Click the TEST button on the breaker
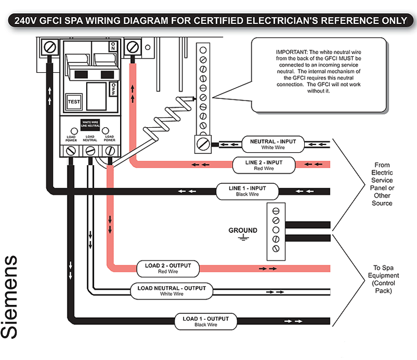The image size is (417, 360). point(73,102)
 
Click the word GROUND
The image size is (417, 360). point(243,230)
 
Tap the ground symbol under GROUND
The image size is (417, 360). point(243,238)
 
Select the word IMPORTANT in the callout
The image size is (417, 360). point(290,52)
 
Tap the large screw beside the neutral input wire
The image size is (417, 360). point(203,144)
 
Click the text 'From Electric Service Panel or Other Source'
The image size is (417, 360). point(382,184)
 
